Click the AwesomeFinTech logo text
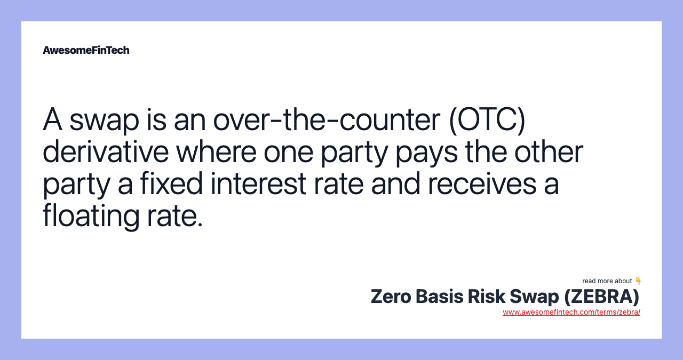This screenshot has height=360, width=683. (86, 50)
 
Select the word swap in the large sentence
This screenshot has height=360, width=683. (104, 120)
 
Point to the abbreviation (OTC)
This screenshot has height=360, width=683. (487, 120)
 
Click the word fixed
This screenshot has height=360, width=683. (171, 184)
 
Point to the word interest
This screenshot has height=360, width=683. (258, 184)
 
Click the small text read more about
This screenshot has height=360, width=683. (607, 281)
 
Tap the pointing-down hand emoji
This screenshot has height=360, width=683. (638, 281)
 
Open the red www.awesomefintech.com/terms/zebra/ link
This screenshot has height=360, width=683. (571, 312)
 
